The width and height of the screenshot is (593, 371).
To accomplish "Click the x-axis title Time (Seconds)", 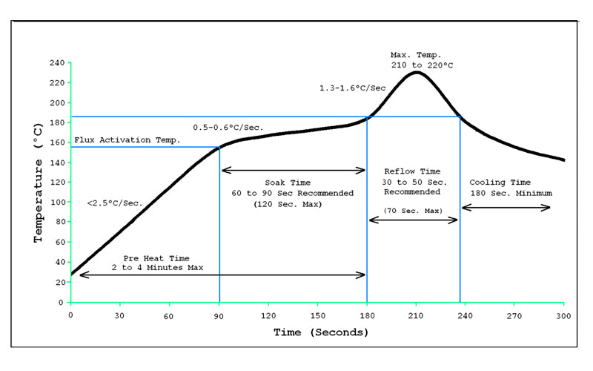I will click(x=320, y=332).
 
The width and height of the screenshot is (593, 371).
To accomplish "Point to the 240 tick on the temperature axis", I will click(x=56, y=62).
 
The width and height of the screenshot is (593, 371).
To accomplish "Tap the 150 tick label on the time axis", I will click(x=317, y=315).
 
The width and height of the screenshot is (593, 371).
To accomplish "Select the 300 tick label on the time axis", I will click(x=563, y=315).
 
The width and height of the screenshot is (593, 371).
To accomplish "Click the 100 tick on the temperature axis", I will click(x=56, y=203).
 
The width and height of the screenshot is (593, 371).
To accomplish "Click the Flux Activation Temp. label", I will click(x=127, y=139).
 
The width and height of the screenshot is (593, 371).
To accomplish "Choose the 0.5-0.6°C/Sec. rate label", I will click(x=228, y=127).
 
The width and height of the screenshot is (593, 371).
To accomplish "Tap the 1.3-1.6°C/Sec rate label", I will click(x=352, y=88).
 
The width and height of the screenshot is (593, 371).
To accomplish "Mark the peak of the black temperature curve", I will click(x=417, y=72).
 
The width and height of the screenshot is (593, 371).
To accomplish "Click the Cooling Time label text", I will click(x=500, y=182).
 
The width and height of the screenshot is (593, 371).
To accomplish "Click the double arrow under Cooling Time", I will click(x=506, y=208).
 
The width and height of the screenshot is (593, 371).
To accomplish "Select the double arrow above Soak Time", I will click(x=294, y=170).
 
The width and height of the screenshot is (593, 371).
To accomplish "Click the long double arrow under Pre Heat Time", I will click(x=222, y=275).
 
